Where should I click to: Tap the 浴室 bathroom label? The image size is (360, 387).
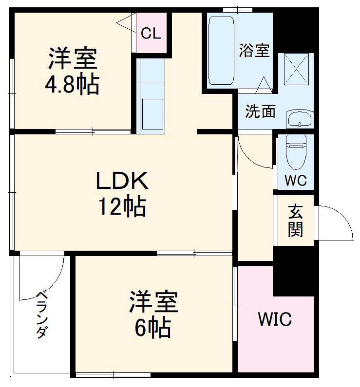tap(254, 51)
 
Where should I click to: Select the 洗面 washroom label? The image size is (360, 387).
tap(260, 111)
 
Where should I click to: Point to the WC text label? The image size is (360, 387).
tap(295, 181)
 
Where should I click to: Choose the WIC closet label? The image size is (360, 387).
tap(275, 320)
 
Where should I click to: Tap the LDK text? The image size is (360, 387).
tap(121, 182)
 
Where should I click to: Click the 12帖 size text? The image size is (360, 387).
tap(122, 207)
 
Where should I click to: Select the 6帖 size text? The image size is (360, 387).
tap(152, 328)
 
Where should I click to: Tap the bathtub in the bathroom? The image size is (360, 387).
tap(221, 51)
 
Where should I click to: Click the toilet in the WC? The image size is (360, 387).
tap(295, 149)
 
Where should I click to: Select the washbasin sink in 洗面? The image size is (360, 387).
tap(299, 118)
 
